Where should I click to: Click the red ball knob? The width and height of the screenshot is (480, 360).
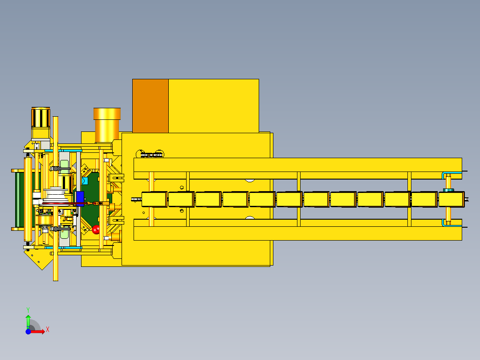click(x=95, y=229)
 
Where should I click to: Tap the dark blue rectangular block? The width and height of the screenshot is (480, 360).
click(x=80, y=197)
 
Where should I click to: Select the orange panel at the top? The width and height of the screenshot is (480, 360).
click(x=151, y=106)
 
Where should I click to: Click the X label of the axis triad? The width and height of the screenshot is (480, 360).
click(x=48, y=330)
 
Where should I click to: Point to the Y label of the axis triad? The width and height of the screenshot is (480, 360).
click(x=28, y=310)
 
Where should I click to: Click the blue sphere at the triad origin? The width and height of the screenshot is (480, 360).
click(x=28, y=331)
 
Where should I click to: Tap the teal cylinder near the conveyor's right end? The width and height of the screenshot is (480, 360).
click(x=448, y=190)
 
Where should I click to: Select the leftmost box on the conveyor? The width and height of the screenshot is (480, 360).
click(x=154, y=199)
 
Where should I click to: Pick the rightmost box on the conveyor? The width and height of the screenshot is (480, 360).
click(x=452, y=199)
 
